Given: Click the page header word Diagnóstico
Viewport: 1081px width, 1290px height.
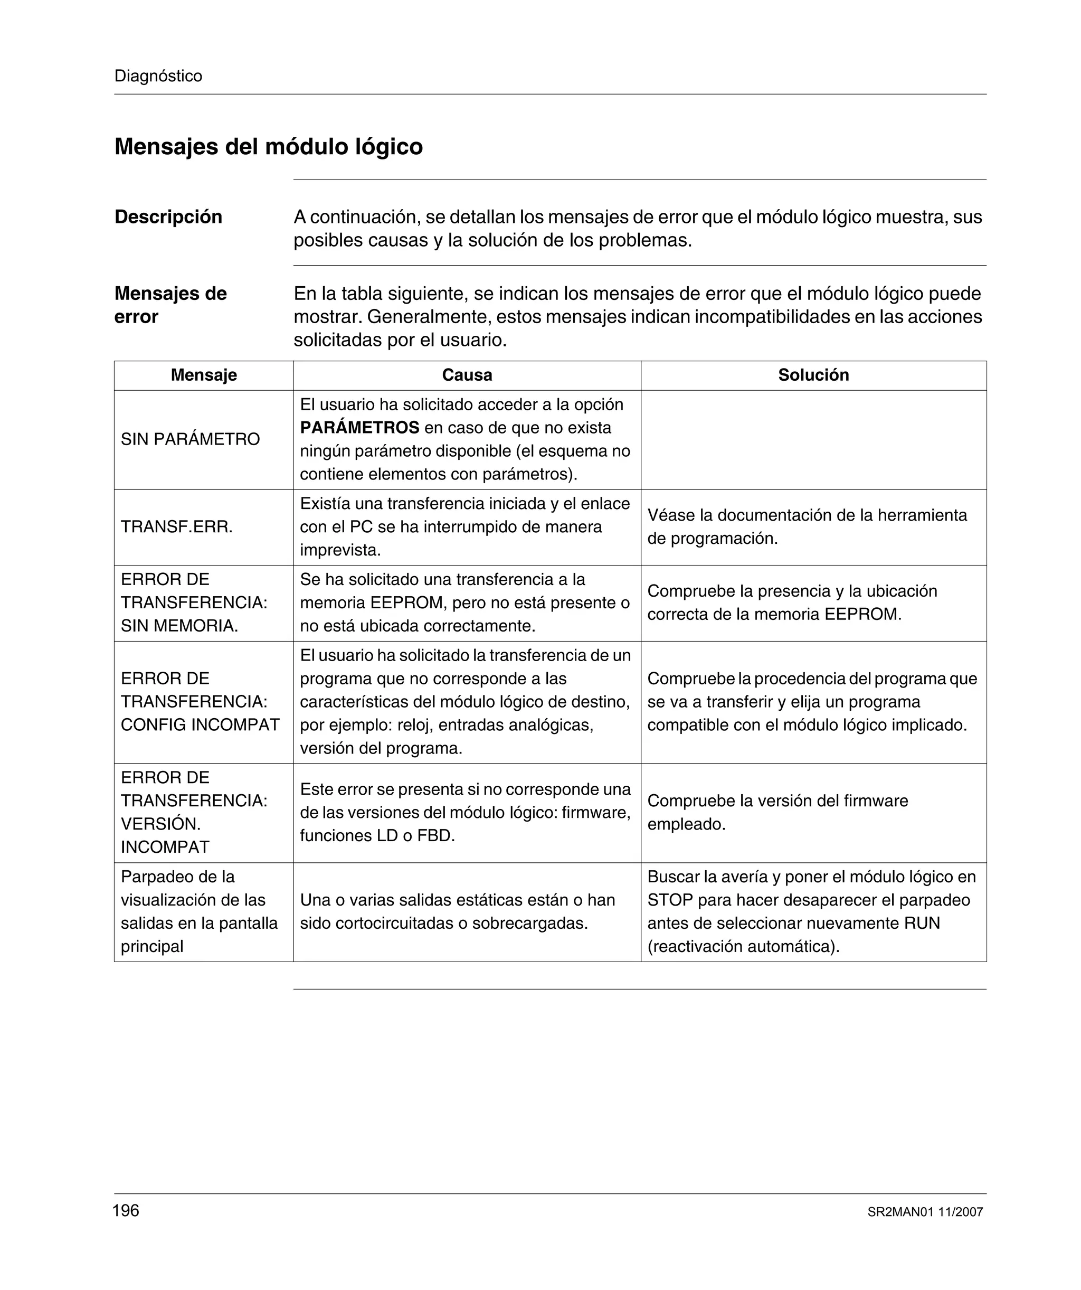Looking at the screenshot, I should click(158, 76).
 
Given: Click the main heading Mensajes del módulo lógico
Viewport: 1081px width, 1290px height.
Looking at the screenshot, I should click(269, 147).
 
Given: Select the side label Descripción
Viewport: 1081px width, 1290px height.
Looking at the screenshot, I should click(168, 217).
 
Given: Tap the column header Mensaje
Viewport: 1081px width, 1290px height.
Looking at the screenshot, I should click(203, 375).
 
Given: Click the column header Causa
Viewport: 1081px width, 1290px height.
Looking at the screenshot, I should click(467, 375).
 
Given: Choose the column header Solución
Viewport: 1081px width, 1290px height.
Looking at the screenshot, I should click(813, 375).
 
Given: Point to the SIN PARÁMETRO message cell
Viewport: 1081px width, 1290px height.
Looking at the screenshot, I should click(191, 439).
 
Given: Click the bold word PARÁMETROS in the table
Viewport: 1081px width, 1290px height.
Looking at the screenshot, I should click(359, 428).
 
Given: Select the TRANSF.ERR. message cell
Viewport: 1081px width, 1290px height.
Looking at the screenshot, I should click(177, 527).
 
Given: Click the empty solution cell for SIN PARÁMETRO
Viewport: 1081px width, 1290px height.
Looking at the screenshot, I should click(813, 440).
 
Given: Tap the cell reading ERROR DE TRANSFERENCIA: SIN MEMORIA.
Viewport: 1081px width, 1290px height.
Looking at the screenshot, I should click(194, 602).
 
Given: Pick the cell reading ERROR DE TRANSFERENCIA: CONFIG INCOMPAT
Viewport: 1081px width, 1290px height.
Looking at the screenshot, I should click(200, 702).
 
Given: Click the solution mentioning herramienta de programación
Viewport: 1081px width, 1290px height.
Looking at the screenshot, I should click(807, 527).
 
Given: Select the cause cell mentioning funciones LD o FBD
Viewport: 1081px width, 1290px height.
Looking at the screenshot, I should click(466, 813).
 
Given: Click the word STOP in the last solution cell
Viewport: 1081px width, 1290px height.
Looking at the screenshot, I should click(669, 900).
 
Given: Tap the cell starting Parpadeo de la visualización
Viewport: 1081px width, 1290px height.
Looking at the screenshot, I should click(199, 911).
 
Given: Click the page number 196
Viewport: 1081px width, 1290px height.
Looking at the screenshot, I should click(126, 1211).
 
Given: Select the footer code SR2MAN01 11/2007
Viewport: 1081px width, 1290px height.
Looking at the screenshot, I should click(925, 1212).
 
